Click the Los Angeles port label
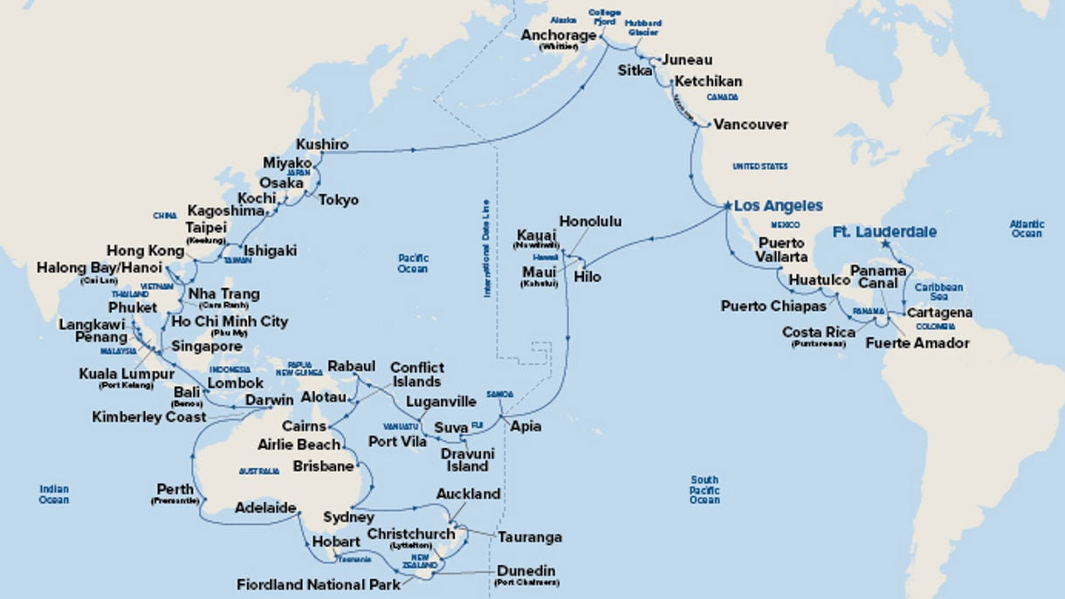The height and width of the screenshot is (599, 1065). coord(778,206)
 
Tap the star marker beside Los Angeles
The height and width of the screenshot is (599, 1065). coord(726,206)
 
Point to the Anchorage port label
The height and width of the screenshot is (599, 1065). coord(559,36)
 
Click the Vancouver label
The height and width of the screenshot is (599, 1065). coord(750,125)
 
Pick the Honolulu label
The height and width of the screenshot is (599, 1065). coord(590,222)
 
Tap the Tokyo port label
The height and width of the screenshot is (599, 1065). coord(338,200)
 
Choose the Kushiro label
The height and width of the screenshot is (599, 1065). coord(322,144)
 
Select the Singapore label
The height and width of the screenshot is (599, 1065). coord(207,347)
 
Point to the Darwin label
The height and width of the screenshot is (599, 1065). coord(268,401)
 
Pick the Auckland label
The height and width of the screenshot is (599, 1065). coord(468,494)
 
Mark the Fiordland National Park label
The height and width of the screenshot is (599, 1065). coord(319,584)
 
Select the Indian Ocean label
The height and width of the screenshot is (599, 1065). coord(53,494)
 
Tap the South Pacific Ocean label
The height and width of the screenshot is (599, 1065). coord(704,490)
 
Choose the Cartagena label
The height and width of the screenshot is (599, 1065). coord(938,313)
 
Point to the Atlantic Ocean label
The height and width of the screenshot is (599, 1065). coord(1027,229)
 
